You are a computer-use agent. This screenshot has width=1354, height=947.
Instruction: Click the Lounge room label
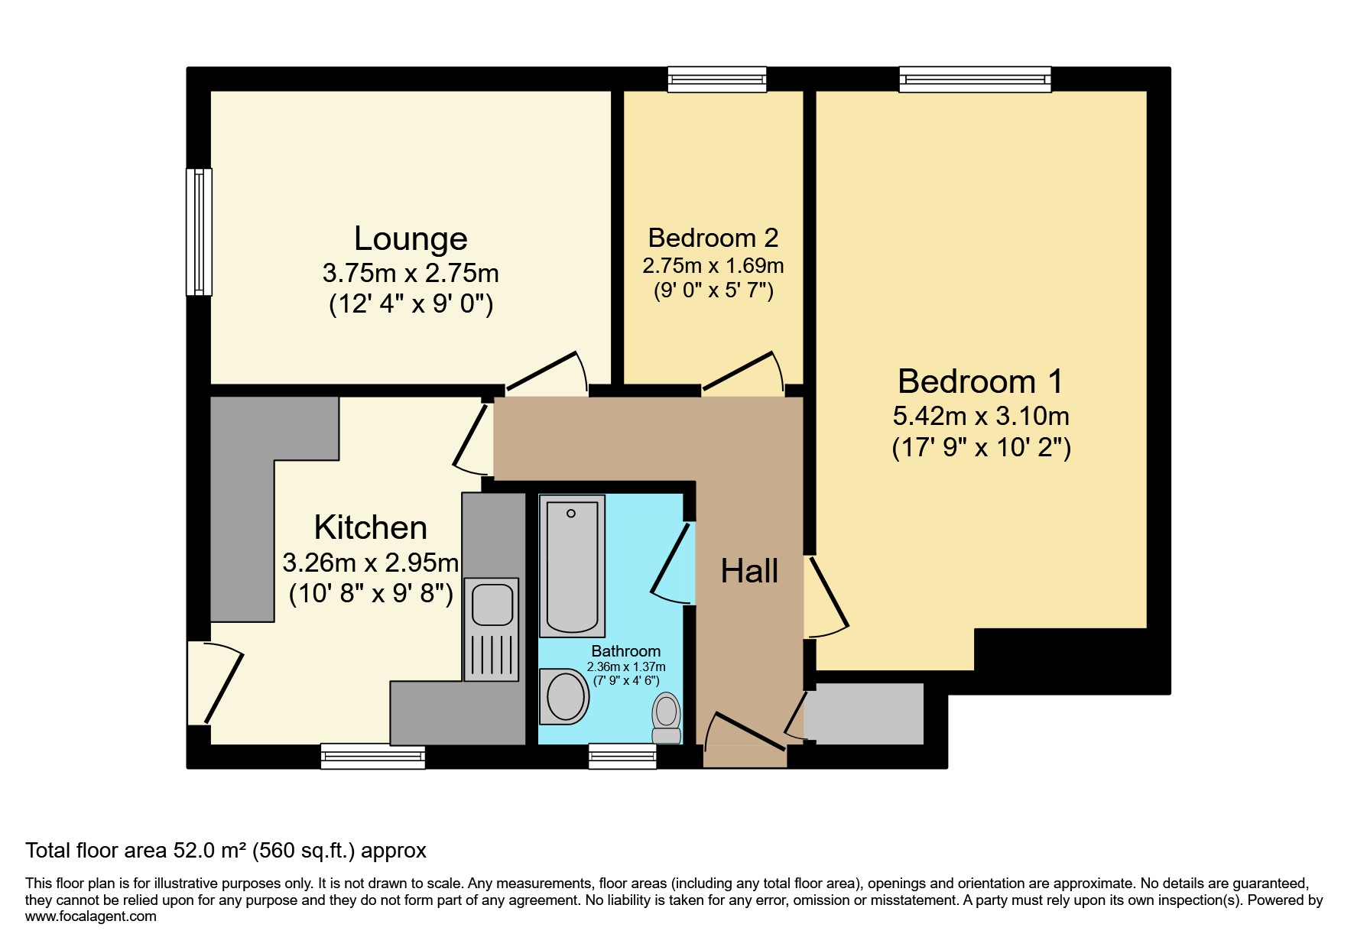pos(411,239)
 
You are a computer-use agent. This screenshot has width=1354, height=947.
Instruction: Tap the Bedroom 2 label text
pos(713,238)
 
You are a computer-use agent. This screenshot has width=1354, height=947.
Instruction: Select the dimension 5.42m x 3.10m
pos(981,417)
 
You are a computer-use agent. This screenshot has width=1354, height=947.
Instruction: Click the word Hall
pos(749,572)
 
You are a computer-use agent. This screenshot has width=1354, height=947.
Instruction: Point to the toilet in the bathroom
pos(667,717)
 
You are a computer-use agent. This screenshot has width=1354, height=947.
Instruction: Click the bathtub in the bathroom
pos(572,566)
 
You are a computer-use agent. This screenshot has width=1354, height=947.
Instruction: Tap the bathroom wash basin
pos(565,696)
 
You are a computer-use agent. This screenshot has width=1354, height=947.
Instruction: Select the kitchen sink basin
pos(492,604)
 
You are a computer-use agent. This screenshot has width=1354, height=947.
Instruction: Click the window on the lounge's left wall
pos(200,232)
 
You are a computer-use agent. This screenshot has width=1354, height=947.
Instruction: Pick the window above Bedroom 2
pos(716,79)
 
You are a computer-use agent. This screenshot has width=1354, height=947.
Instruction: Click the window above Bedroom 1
pos(975,79)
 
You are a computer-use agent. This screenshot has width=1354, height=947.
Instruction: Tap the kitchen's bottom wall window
pos(373,756)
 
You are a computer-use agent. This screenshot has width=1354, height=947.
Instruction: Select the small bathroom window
pos(622,756)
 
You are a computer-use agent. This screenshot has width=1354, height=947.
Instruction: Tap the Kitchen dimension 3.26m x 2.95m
pos(371,563)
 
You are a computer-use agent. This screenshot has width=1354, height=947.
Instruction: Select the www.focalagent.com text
pos(91,916)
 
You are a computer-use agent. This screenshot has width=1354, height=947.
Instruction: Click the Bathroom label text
pos(625,651)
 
